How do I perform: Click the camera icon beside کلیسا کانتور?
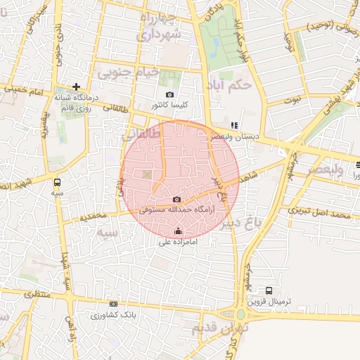tap(169, 94)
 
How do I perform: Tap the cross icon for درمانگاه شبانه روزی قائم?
tap(77, 86)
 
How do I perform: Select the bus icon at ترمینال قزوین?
tap(269, 290)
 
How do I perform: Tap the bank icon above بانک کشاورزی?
tap(112, 305)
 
